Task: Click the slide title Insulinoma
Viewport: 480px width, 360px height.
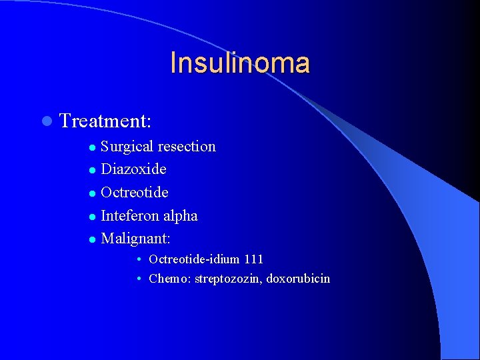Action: click(x=240, y=63)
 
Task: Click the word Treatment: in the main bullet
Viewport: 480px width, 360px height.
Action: click(x=105, y=121)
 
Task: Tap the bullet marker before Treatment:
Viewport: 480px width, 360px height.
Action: click(x=45, y=121)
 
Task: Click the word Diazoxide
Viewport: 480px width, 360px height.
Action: click(x=133, y=169)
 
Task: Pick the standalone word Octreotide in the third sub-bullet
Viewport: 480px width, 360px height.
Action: click(x=134, y=193)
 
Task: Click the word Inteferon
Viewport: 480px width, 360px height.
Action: click(x=130, y=215)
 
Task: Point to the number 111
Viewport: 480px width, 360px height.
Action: click(x=253, y=259)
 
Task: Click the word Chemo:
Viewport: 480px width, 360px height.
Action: click(x=169, y=279)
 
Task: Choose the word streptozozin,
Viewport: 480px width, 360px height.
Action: click(x=229, y=279)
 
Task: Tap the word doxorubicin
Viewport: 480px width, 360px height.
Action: click(x=298, y=279)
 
